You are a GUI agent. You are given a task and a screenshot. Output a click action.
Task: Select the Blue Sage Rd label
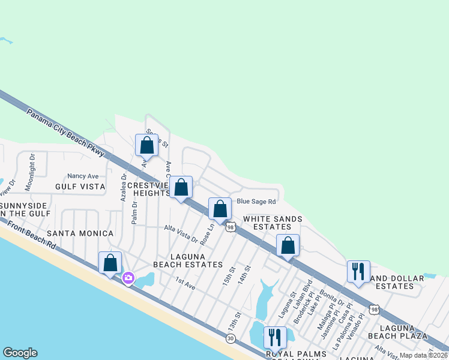click(256, 202)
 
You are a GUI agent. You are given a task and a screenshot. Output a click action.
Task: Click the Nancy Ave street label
click(83, 176)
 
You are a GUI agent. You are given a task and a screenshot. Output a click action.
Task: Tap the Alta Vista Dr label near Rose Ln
click(181, 233)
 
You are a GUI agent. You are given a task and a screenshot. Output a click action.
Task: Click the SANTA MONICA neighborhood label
click(80, 233)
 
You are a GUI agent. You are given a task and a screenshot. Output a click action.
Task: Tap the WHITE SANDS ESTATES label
click(273, 223)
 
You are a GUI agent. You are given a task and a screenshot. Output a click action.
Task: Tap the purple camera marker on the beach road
click(128, 278)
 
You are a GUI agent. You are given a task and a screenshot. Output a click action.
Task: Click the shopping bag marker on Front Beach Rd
click(110, 263)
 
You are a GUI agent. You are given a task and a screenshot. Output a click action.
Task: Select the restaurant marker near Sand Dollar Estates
click(358, 272)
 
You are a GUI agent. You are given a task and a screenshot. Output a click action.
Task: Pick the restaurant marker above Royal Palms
click(275, 338)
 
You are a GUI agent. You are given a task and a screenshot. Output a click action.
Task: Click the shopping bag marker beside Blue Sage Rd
click(220, 209)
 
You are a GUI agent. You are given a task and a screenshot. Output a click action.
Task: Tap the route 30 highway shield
click(231, 339)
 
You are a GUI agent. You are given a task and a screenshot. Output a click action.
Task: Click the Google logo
click(20, 353)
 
